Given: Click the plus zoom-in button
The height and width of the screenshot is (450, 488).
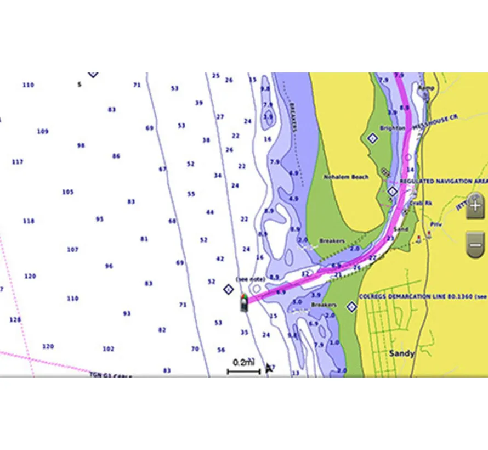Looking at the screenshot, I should tap(475, 206).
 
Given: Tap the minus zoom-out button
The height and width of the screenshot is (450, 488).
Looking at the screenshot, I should tap(475, 241).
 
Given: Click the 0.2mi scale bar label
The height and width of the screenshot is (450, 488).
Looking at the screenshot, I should tap(243, 362).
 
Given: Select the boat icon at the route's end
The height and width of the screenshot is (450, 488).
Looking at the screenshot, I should tap(243, 302).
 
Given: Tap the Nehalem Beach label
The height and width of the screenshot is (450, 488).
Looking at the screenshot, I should tap(346, 177).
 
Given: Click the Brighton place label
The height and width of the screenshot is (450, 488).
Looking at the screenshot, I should tap(392, 128).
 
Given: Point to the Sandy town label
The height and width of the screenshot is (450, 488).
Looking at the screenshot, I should tap(401, 353).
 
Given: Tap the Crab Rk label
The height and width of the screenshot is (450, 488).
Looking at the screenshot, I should tap(421, 203).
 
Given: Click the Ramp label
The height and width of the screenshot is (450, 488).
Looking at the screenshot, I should tap(426, 87).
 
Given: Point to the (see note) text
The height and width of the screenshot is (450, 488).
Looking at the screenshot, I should tap(251, 279).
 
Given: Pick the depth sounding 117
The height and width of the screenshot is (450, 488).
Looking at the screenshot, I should tap(17, 162).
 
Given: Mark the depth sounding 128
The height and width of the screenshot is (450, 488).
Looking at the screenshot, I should tap(15, 319).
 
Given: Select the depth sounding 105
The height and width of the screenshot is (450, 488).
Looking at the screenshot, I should tap(67, 192).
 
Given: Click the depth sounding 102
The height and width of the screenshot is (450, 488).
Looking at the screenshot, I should tap(108, 348).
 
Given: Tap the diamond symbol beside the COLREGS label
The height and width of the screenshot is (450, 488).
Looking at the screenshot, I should tap(351, 306).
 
